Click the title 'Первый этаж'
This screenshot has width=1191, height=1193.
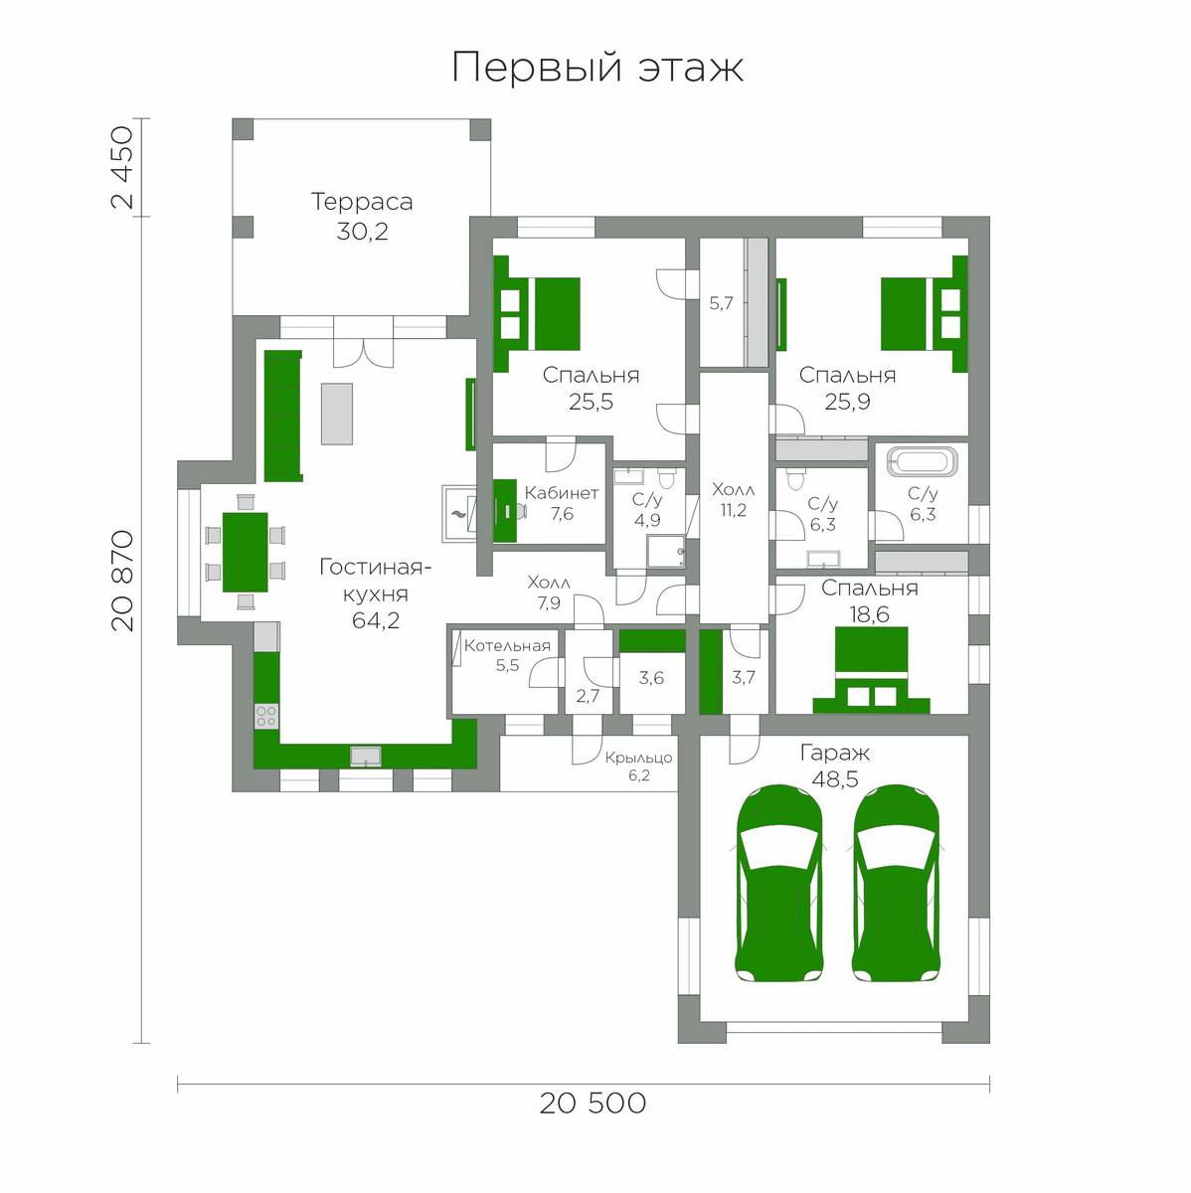pyautogui.click(x=597, y=68)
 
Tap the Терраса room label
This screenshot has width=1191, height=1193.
pyautogui.click(x=362, y=202)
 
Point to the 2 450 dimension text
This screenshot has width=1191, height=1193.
pyautogui.click(x=121, y=168)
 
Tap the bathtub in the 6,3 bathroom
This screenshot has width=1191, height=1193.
pyautogui.click(x=923, y=462)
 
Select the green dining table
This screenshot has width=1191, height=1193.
pyautogui.click(x=246, y=552)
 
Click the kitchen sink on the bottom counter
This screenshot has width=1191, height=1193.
pyautogui.click(x=366, y=756)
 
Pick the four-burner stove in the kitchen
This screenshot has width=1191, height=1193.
pyautogui.click(x=266, y=716)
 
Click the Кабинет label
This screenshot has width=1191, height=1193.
pyautogui.click(x=561, y=493)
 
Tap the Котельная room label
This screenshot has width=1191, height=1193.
pyautogui.click(x=507, y=646)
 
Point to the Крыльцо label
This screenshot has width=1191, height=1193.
pyautogui.click(x=638, y=758)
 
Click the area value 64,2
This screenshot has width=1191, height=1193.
pyautogui.click(x=376, y=620)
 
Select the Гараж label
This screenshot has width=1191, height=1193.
pyautogui.click(x=835, y=754)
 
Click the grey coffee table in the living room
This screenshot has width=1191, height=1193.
pyautogui.click(x=337, y=414)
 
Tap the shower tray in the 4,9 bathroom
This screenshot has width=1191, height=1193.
pyautogui.click(x=666, y=552)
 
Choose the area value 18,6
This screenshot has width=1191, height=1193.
pyautogui.click(x=870, y=614)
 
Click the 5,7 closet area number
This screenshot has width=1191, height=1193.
pyautogui.click(x=721, y=303)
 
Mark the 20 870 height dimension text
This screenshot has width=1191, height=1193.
pyautogui.click(x=122, y=580)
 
